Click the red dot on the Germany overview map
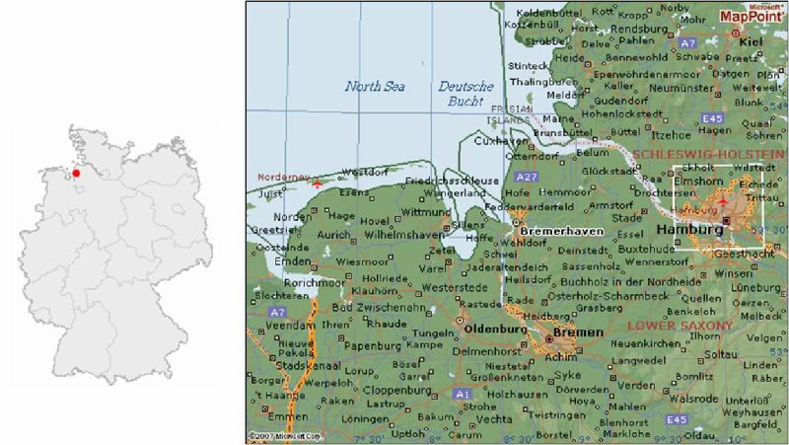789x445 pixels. tap(76, 173)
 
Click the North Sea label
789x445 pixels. tap(375, 87)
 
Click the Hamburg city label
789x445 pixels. tap(687, 229)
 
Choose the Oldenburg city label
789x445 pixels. tap(494, 328)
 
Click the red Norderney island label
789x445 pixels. tap(279, 177)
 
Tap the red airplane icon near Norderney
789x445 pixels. tap(317, 183)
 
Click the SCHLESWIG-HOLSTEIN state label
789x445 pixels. tap(709, 156)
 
